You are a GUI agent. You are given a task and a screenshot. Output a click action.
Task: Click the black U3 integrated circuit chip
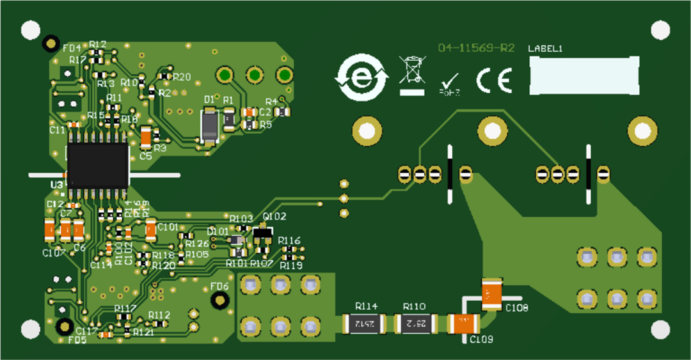click(98, 165)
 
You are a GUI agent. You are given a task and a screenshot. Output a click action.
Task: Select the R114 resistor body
click(364, 324)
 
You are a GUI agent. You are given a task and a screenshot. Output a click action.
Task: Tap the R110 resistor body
click(417, 324)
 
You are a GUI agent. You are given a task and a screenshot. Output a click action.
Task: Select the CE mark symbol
click(493, 81)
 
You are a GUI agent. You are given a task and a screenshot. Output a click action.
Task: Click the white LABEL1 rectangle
click(584, 75)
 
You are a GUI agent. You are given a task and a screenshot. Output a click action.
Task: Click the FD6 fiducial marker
click(219, 300)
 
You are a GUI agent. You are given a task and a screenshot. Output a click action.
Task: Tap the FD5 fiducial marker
click(64, 327)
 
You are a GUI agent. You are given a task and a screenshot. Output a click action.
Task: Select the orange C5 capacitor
click(146, 137)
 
